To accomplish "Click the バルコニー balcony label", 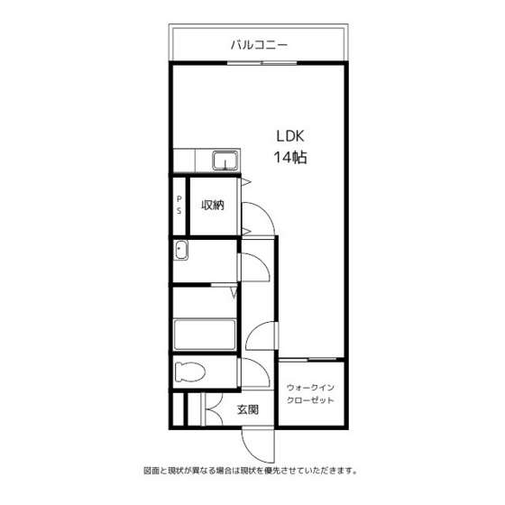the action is tap(259, 45).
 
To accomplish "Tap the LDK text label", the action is tap(290, 136).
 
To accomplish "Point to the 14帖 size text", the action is tap(290, 158).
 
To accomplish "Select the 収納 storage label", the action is tap(213, 206).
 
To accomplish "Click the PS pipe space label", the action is tap(179, 206).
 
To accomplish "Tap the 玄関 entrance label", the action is tap(248, 409).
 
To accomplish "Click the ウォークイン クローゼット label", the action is tap(310, 394).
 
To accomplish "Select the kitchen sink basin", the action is tap(225, 161).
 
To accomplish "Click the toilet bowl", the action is tap(189, 372).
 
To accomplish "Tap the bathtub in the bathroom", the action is tap(205, 335).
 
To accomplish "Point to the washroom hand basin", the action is tap(181, 251).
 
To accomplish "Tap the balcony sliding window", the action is tap(262, 63).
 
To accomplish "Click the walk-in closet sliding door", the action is tap(308, 359).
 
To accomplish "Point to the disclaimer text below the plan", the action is tap(251, 471).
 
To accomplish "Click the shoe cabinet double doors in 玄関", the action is tap(213, 409).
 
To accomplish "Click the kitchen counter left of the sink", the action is tap(184, 161).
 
